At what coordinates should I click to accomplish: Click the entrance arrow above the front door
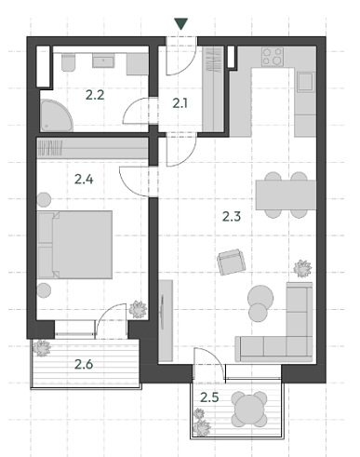click(180, 24)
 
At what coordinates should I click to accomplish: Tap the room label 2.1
click(180, 103)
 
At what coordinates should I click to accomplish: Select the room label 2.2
click(95, 95)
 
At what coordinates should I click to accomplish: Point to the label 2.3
click(232, 216)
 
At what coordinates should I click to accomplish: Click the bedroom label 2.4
click(84, 180)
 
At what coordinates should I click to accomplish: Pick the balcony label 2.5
click(209, 397)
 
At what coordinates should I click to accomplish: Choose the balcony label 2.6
click(84, 364)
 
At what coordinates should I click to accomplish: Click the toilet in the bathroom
click(69, 62)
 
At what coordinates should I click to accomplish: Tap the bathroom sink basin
click(103, 60)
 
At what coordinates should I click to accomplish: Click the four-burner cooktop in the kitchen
click(273, 57)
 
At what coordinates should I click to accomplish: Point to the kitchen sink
click(306, 82)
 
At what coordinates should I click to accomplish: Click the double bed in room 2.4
click(75, 245)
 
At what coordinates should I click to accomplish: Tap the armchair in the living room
click(232, 262)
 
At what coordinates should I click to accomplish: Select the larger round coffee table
click(260, 298)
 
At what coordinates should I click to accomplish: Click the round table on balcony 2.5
click(249, 409)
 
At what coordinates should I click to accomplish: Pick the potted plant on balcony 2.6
click(42, 348)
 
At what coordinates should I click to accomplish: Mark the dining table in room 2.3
click(286, 195)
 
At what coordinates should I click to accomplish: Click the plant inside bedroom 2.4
click(138, 309)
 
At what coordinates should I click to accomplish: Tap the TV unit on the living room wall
click(166, 320)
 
